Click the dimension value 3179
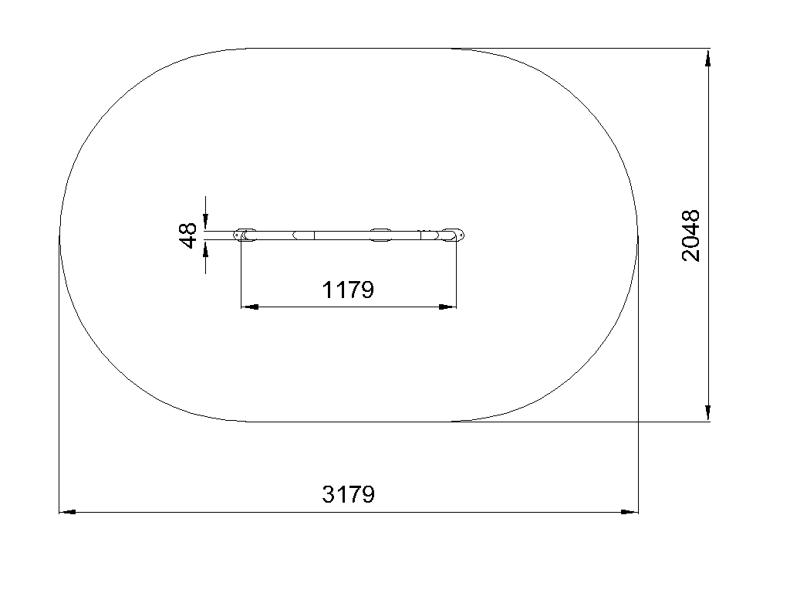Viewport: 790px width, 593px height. [x=348, y=495]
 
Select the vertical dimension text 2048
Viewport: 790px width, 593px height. [x=690, y=236]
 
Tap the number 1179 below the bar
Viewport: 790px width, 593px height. [x=348, y=290]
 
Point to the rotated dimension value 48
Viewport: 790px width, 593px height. [x=188, y=235]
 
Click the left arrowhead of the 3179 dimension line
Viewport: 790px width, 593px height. [x=68, y=512]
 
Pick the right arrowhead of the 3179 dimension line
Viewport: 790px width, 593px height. [x=630, y=512]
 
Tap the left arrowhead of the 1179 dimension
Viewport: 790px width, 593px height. [x=250, y=307]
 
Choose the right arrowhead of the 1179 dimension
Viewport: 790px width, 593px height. [x=447, y=307]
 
